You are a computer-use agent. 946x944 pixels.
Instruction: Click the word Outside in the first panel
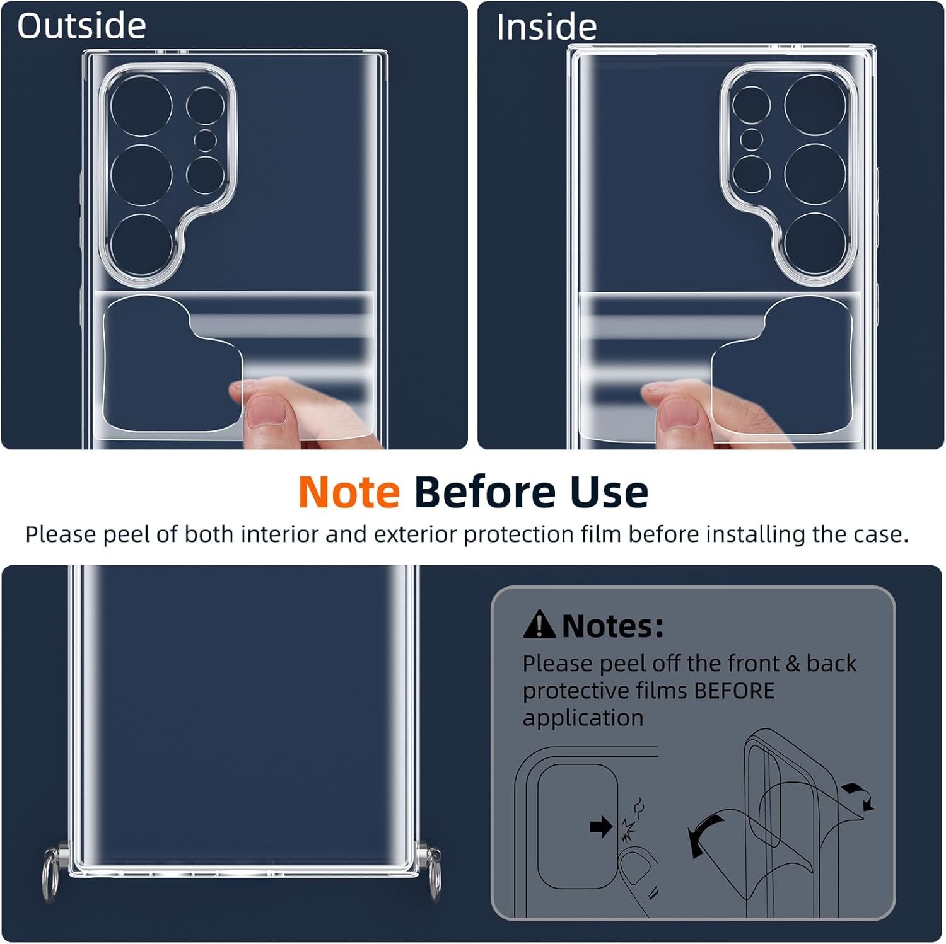click(81, 26)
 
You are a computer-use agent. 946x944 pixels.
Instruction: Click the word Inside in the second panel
click(546, 27)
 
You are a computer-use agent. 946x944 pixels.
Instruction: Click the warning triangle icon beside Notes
click(539, 624)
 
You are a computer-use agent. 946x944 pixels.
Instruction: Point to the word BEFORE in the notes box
click(734, 691)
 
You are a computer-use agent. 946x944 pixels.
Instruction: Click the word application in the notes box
click(583, 718)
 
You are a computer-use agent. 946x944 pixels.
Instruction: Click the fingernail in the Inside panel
click(676, 413)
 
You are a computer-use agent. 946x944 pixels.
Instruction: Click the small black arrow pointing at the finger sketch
click(601, 826)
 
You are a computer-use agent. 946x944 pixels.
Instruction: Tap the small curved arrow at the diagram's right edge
click(860, 795)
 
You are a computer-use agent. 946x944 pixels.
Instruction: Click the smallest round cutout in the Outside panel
click(205, 140)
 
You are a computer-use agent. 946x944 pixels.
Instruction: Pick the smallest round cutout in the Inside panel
click(751, 139)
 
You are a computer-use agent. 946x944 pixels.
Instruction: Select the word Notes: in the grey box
click(612, 626)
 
